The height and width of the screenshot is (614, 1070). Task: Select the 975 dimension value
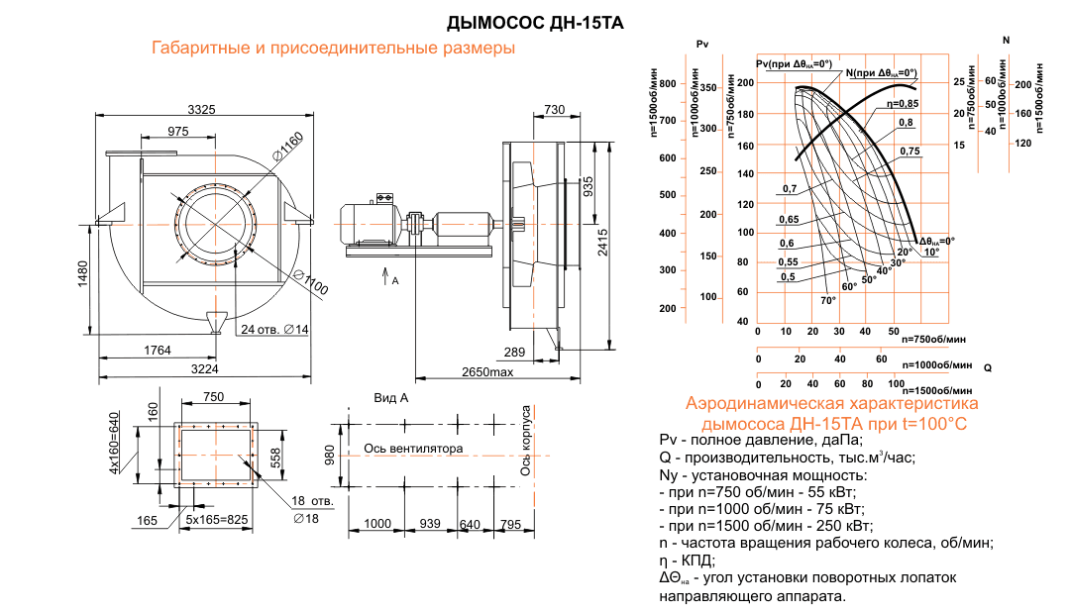(178, 132)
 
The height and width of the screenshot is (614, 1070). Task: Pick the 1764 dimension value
(159, 351)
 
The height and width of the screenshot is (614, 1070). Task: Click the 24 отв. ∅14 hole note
(273, 329)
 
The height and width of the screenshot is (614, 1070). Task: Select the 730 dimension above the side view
(555, 109)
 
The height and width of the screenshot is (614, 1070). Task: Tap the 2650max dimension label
(486, 371)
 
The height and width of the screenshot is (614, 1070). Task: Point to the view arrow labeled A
(386, 277)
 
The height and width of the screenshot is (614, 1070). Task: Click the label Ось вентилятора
(413, 449)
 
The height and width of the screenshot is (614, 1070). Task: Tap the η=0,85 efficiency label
(902, 103)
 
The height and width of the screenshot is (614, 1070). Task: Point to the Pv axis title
(703, 44)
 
